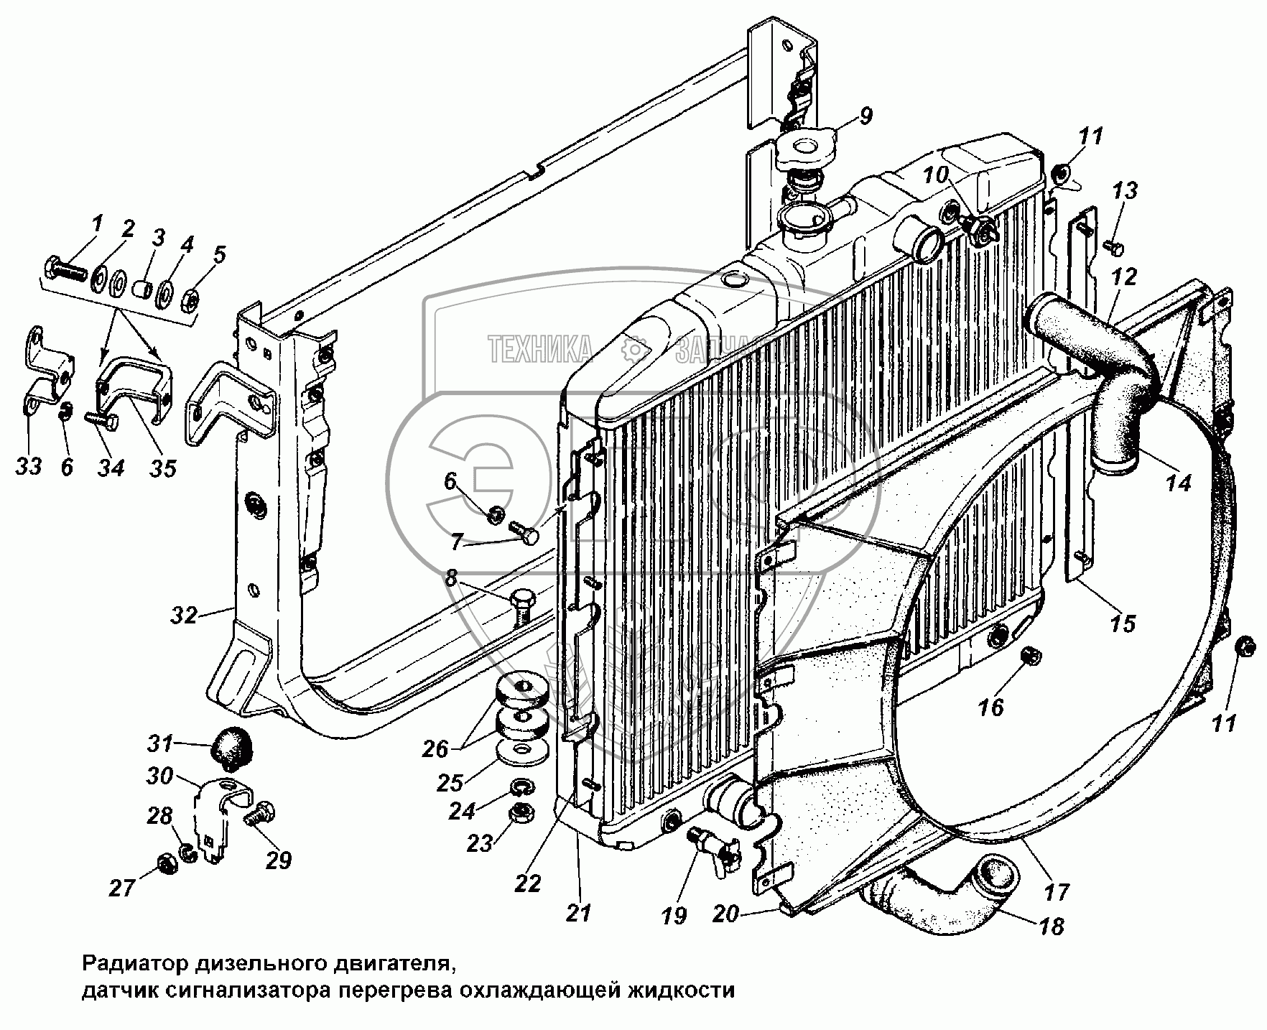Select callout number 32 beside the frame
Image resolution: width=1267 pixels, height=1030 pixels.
[x=184, y=615]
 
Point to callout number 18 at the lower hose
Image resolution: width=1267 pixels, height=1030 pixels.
[x=1050, y=927]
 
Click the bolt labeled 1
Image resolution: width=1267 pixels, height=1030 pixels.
[x=64, y=270]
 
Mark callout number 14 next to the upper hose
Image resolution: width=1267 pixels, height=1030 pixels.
[x=1179, y=483]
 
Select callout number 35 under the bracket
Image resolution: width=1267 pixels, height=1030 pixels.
[x=162, y=468]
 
